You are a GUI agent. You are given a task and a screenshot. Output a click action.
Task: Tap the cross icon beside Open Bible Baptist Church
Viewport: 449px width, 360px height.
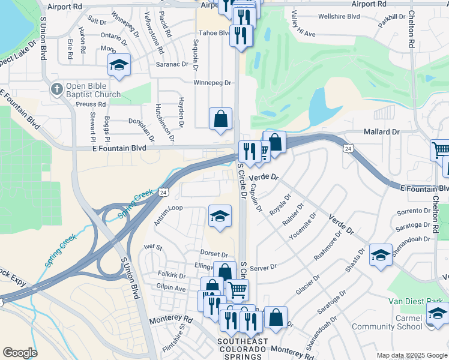(56, 89)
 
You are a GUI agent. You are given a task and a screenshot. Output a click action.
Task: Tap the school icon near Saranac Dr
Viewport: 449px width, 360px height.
(119, 65)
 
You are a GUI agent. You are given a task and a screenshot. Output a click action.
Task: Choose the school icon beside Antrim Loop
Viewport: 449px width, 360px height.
(220, 215)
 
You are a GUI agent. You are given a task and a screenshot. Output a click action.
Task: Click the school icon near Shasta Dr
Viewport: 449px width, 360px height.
(381, 255)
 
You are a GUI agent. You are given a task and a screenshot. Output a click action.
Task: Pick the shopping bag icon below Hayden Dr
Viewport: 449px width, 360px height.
(221, 118)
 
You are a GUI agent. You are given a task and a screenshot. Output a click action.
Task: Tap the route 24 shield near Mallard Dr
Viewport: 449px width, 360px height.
(348, 148)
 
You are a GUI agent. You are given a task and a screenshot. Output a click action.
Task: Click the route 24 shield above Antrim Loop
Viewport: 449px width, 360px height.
(163, 192)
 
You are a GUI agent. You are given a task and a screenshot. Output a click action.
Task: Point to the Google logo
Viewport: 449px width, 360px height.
(20, 353)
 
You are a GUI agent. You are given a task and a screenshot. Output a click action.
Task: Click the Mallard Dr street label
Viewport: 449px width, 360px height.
(381, 132)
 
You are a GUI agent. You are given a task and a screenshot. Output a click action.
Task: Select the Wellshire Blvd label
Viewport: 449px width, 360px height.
(339, 16)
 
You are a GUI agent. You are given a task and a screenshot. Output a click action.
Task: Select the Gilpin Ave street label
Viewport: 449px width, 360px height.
(171, 289)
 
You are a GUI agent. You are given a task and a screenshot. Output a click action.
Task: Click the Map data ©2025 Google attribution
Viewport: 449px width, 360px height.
(412, 355)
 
